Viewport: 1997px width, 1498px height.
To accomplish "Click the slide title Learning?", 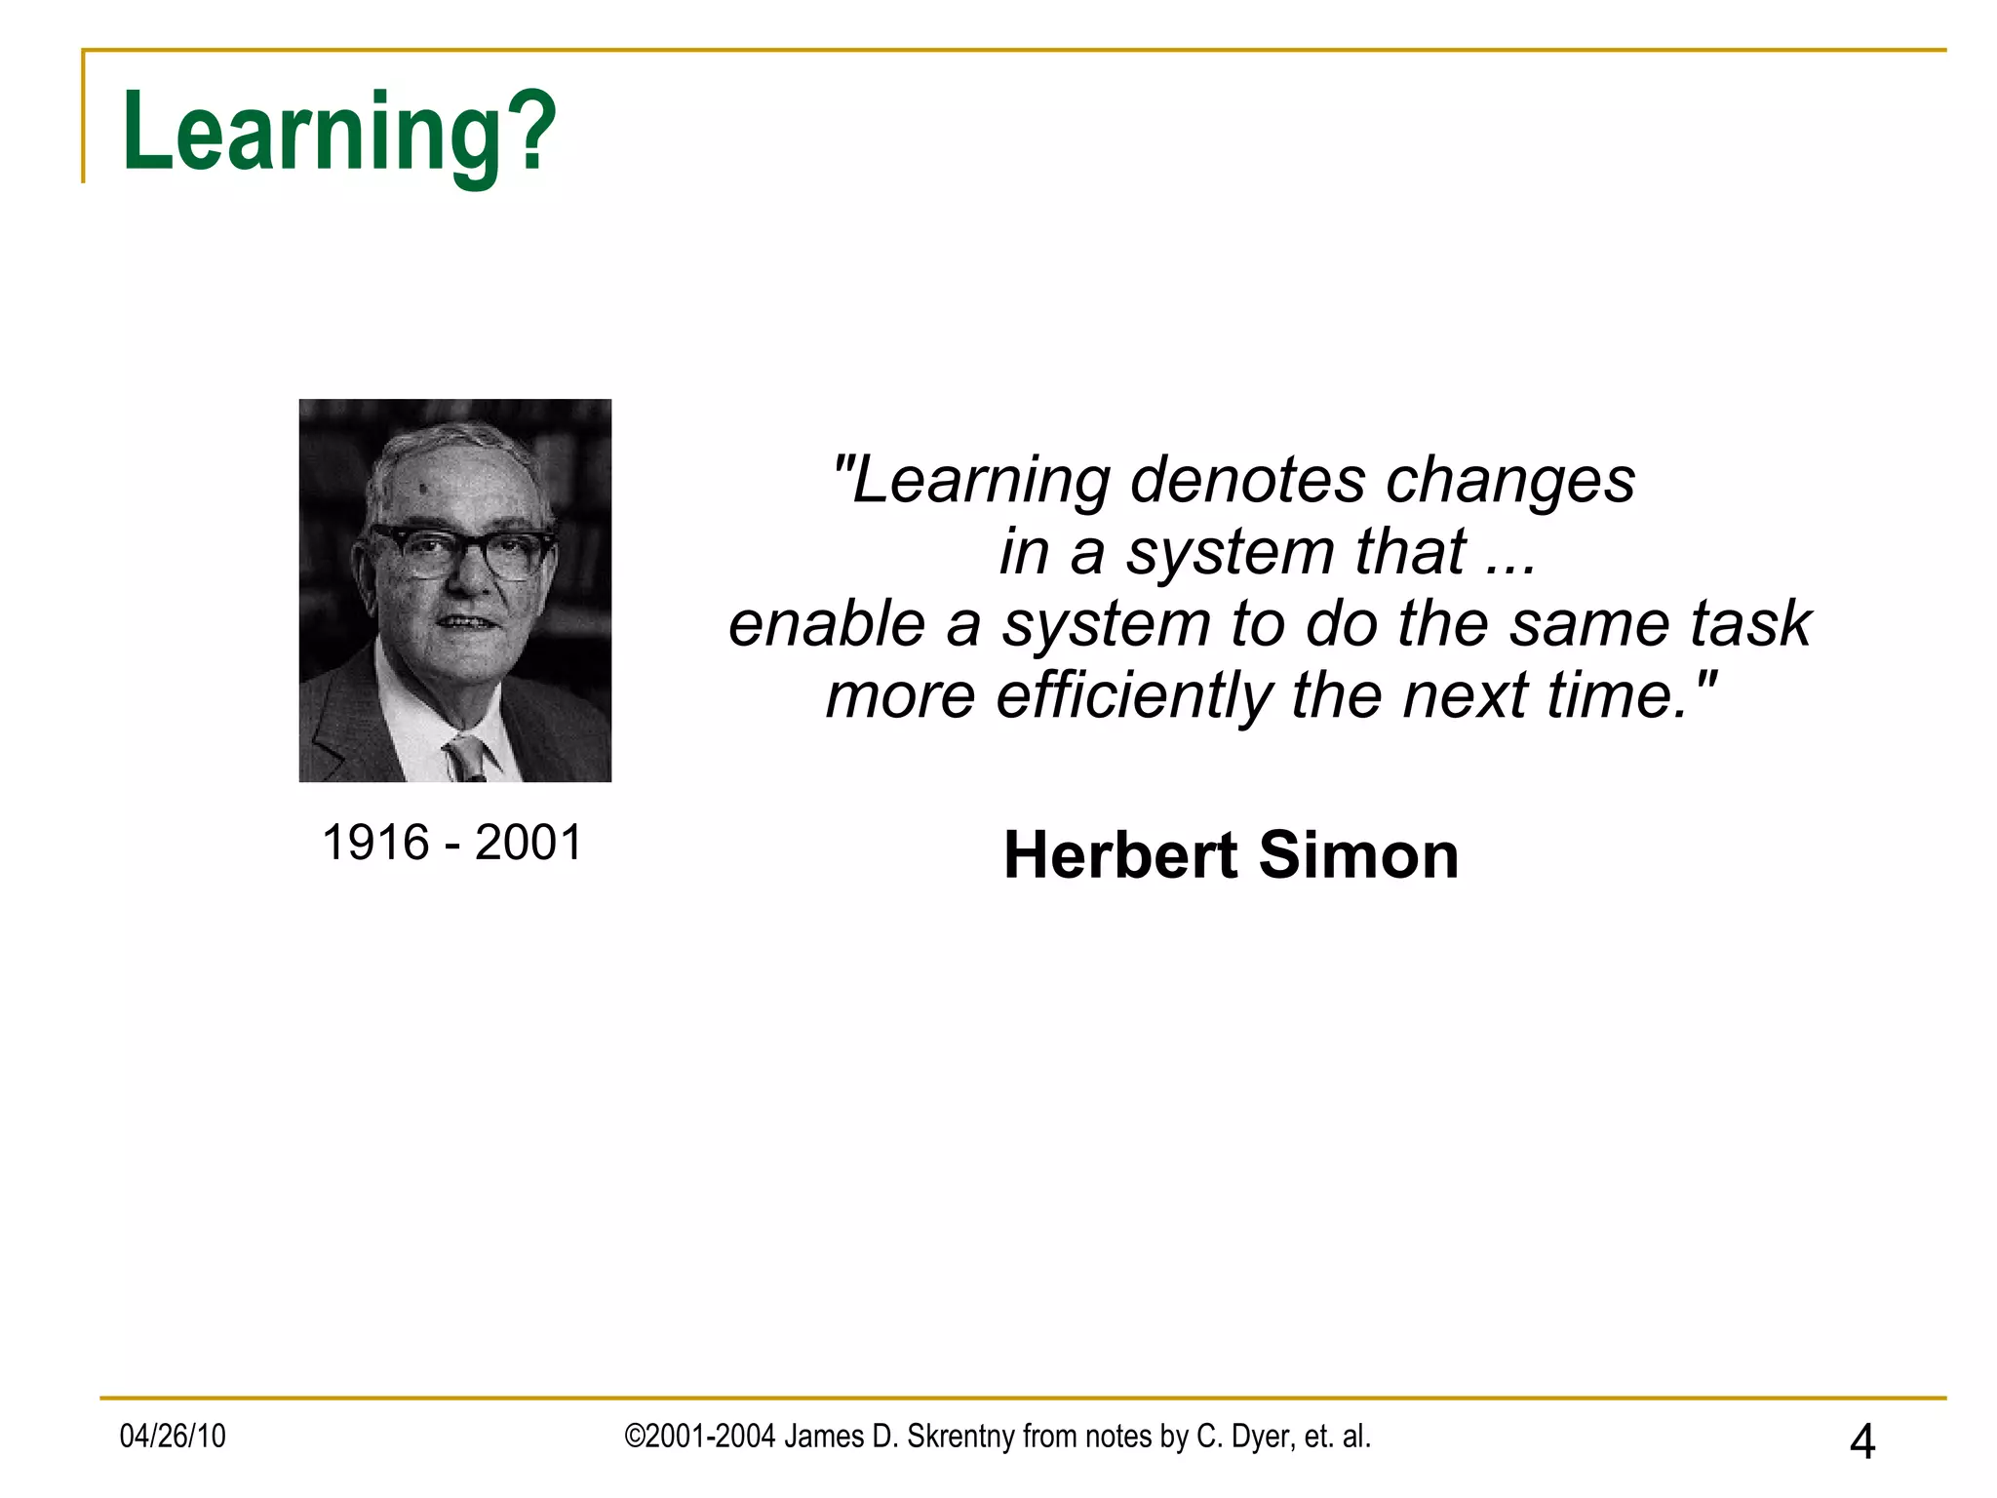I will [x=338, y=132].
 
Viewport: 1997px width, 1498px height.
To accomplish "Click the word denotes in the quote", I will [x=1246, y=481].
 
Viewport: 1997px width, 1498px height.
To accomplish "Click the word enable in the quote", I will [x=826, y=624].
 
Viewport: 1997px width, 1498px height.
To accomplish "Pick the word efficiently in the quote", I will [x=1133, y=696].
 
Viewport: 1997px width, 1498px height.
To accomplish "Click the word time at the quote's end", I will [x=1610, y=696].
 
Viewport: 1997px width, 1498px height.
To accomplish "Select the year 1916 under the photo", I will [x=375, y=843].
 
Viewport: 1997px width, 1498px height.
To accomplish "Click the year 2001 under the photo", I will [x=528, y=843].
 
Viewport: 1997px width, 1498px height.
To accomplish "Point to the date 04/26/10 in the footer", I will [x=173, y=1437].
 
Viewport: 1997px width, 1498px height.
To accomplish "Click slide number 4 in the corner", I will [x=1861, y=1441].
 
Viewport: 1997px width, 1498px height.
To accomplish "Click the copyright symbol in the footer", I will [x=634, y=1437].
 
